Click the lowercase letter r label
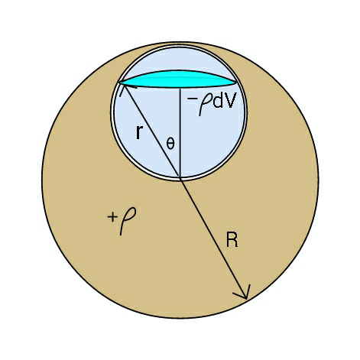138,131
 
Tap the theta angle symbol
170,144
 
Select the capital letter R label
232,240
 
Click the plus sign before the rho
112,217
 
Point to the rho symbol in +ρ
127,220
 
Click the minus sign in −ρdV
191,97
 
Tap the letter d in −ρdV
218,101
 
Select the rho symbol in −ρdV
204,102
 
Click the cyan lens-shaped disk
178,79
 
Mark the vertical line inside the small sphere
180,133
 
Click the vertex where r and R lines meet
180,178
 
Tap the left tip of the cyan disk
119,82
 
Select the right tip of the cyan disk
236,82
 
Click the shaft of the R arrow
213,238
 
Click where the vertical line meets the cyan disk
180,88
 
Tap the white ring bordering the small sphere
112,113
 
